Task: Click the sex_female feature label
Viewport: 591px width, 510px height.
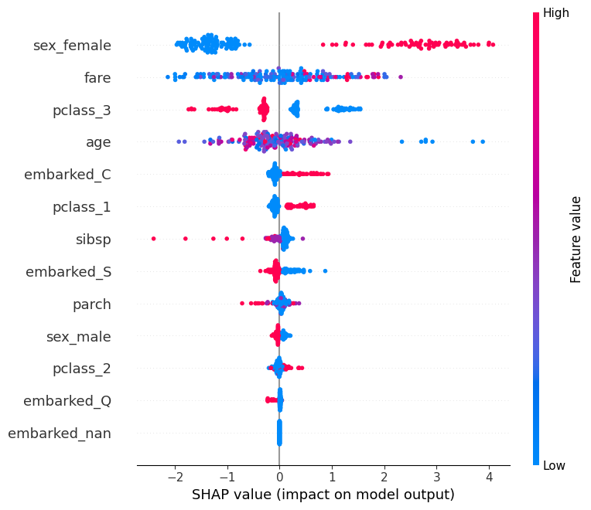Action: (x=72, y=46)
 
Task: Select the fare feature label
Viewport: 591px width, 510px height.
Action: (x=97, y=77)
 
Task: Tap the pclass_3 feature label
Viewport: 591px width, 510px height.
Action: (x=82, y=110)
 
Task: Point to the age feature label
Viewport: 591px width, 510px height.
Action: (x=98, y=142)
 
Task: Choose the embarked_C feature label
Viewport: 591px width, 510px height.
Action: (x=67, y=175)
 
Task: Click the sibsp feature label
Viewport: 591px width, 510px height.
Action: (x=94, y=239)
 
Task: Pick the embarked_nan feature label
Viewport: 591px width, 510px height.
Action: (x=60, y=433)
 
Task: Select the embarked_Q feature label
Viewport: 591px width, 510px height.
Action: (x=67, y=400)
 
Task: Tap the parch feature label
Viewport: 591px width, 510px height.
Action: (x=92, y=304)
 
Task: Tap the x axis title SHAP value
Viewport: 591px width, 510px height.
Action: (x=323, y=495)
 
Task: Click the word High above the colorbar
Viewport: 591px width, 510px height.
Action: (x=555, y=12)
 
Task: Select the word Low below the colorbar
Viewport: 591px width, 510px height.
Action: (x=554, y=465)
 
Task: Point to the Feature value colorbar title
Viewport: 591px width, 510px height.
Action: (x=576, y=239)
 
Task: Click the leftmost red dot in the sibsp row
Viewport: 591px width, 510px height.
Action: (x=153, y=239)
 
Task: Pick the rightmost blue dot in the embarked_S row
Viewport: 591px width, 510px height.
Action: (x=325, y=270)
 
